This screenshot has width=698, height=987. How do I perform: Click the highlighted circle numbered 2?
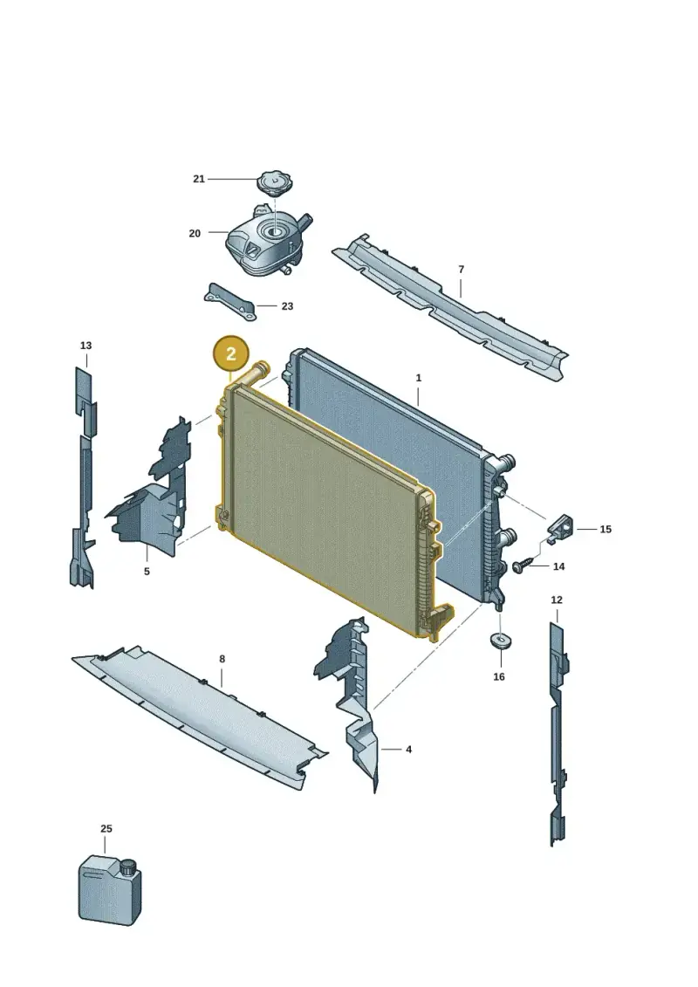pos(231,353)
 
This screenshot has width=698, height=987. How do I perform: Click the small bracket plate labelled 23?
pos(229,302)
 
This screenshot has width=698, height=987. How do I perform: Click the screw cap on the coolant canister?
pos(129,867)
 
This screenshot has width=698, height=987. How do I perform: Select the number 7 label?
pos(462,270)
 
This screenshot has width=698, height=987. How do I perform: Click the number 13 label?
pos(86,346)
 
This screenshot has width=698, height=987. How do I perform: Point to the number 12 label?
pos(557,600)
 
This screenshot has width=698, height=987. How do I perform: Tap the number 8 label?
pos(222,659)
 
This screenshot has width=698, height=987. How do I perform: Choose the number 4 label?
pos(408,750)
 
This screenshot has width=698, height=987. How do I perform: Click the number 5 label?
pos(147,572)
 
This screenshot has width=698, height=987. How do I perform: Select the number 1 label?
pos(419,379)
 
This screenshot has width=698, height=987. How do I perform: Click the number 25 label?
pos(106,829)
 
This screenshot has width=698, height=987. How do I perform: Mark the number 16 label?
pos(499,676)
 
